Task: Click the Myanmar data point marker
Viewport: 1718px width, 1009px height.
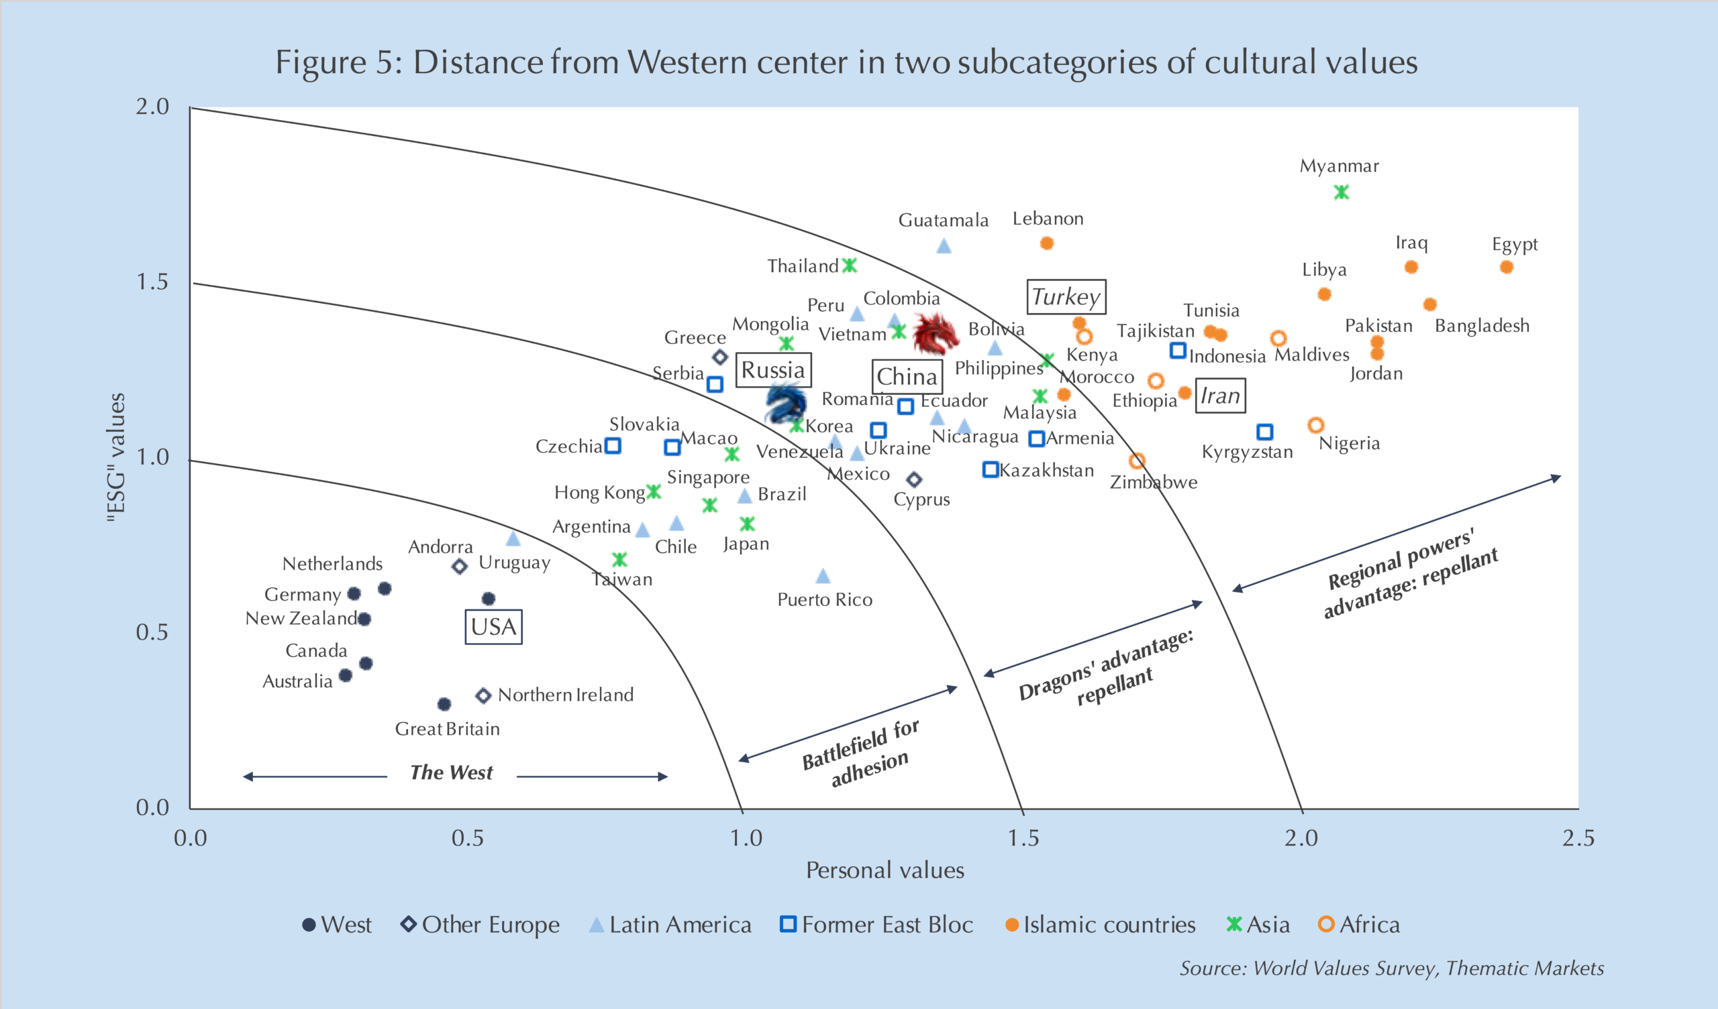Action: [x=1341, y=193]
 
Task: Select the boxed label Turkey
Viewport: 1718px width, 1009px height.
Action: [x=1066, y=297]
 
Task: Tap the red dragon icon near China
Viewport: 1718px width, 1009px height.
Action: [x=934, y=334]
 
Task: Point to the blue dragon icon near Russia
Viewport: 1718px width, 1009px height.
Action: [x=785, y=404]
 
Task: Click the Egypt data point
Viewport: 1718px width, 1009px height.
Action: [x=1507, y=267]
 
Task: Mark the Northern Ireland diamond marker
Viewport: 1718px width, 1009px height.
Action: [x=483, y=696]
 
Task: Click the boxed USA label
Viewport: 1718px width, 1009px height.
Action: [x=493, y=627]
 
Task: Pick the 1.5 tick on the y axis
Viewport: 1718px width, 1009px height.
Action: [x=153, y=282]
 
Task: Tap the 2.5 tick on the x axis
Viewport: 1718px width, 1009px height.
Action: [x=1578, y=838]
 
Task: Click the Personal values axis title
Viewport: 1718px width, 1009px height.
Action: [x=885, y=871]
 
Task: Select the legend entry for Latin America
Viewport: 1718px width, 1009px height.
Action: [x=671, y=925]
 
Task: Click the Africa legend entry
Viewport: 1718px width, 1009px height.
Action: [x=1360, y=925]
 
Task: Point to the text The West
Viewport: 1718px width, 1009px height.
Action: [x=452, y=772]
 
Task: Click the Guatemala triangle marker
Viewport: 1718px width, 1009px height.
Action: [x=944, y=246]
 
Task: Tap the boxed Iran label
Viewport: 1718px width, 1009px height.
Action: [x=1220, y=396]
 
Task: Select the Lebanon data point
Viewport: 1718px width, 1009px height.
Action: [x=1047, y=243]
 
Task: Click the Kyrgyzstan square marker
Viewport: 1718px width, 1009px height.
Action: [x=1264, y=432]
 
